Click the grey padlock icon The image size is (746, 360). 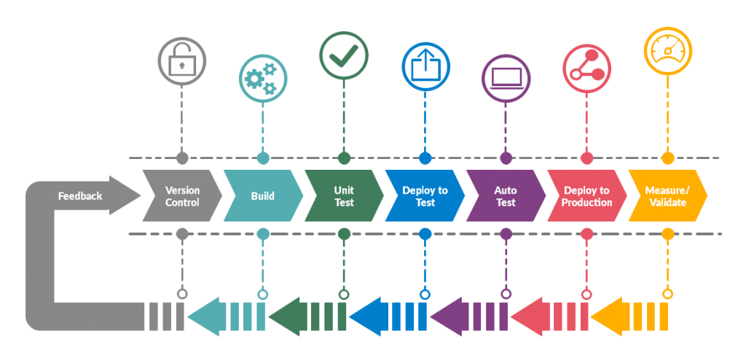[182, 63]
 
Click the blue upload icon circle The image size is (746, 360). [425, 66]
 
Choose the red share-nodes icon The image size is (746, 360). [586, 66]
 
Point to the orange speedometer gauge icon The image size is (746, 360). [667, 50]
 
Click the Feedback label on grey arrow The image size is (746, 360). [80, 195]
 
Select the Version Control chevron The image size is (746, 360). [182, 195]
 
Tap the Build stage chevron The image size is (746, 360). [263, 195]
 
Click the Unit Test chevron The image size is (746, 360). [344, 195]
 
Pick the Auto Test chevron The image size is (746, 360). [506, 195]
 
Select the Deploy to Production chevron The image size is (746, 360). [586, 195]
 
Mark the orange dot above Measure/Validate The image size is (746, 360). [667, 157]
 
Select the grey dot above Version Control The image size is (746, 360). [182, 157]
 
